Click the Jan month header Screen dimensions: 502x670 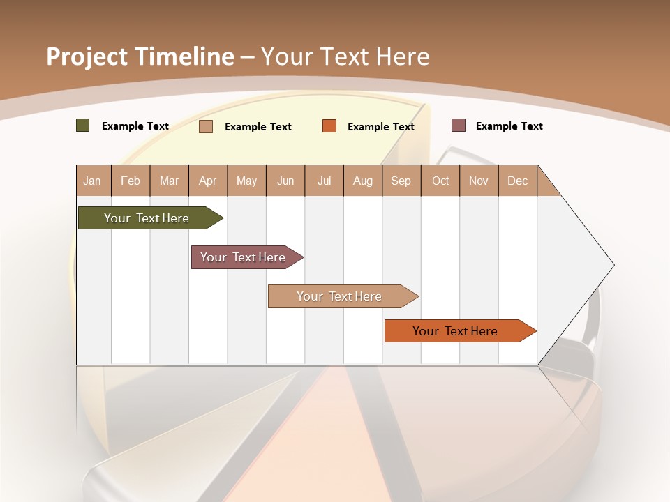click(93, 181)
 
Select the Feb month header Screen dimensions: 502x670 click(131, 181)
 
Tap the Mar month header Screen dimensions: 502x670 click(169, 181)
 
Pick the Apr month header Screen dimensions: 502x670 click(208, 181)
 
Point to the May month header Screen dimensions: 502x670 click(246, 181)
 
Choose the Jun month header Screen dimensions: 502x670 click(285, 181)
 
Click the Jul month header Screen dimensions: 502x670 click(324, 181)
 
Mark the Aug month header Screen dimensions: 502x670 click(363, 181)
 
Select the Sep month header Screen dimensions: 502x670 click(401, 181)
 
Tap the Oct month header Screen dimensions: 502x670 click(440, 181)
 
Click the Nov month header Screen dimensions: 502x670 click(479, 181)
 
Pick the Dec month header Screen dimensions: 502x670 click(518, 181)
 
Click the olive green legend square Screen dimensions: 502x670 click(83, 125)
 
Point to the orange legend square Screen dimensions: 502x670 click(329, 126)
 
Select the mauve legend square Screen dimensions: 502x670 click(458, 125)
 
